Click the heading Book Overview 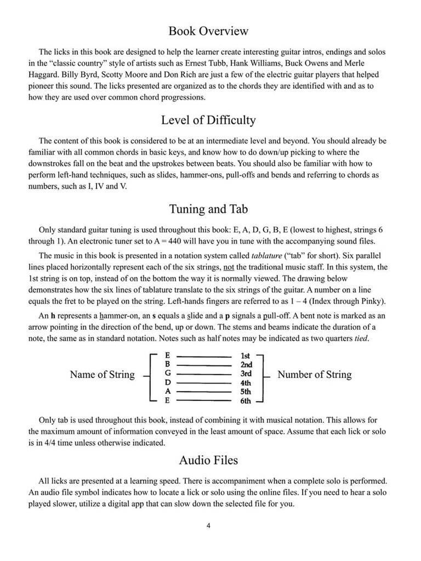coord(208,31)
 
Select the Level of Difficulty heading coord(208,119)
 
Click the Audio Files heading coord(208,460)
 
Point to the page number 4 coord(209,526)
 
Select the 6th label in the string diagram coord(246,401)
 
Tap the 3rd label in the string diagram coord(246,374)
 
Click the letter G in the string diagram coord(168,374)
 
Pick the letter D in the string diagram coord(168,382)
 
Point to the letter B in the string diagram coord(168,364)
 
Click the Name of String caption coord(102,375)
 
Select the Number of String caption coord(315,375)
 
